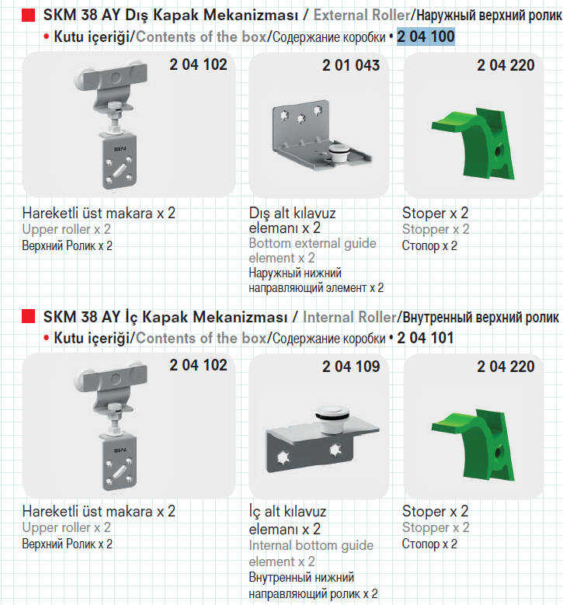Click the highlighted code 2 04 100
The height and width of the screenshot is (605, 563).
tap(426, 37)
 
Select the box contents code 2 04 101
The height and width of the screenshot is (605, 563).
tap(426, 338)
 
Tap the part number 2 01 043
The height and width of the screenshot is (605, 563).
tap(351, 66)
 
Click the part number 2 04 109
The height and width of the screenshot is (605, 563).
tap(351, 367)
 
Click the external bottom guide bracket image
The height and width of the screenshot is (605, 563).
tap(318, 140)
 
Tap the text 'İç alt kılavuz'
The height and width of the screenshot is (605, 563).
tap(288, 513)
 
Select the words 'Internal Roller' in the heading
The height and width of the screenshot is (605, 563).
tap(349, 316)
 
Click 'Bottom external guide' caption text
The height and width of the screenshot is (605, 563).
tap(312, 243)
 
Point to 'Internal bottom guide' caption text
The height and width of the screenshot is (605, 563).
tap(311, 545)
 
